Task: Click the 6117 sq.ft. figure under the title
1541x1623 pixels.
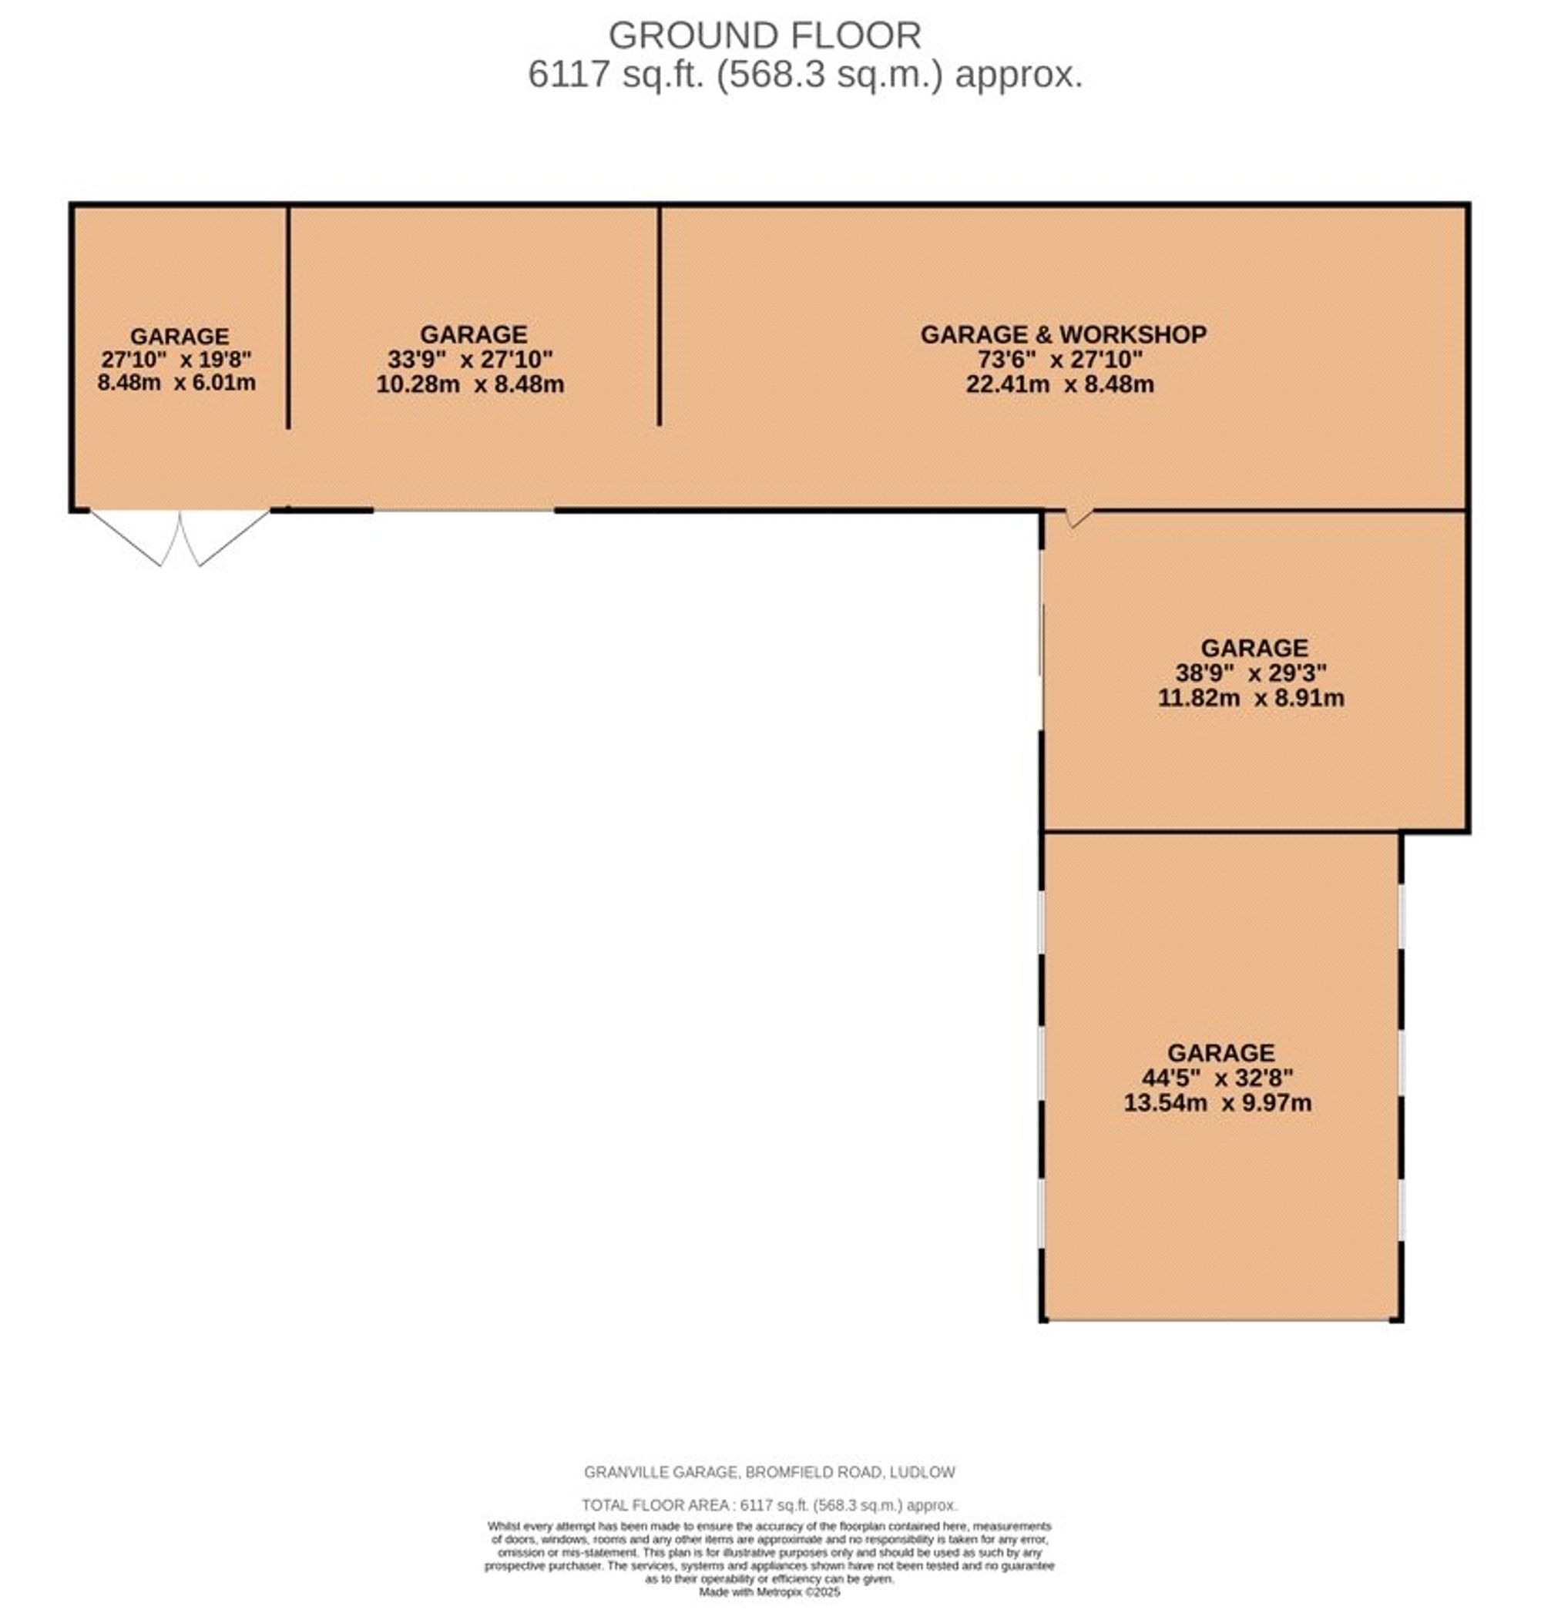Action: pos(616,75)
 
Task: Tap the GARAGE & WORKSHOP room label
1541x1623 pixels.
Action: pos(1063,334)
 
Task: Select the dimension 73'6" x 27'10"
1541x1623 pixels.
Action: pos(1059,359)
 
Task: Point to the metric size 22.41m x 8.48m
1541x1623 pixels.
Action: pos(1059,384)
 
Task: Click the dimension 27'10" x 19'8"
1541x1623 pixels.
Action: pos(176,359)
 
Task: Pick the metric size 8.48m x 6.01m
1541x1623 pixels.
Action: pos(176,383)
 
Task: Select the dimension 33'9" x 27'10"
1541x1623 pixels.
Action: pos(470,359)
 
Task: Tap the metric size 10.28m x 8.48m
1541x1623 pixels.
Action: pos(470,384)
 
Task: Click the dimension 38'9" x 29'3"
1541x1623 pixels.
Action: pos(1251,673)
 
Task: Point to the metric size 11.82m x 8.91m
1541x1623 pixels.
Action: pos(1251,698)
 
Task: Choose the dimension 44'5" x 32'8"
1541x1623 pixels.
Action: pos(1217,1078)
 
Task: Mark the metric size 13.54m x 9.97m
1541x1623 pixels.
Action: pos(1217,1102)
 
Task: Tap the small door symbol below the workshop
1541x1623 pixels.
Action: pos(1079,517)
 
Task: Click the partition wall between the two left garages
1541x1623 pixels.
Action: pos(288,317)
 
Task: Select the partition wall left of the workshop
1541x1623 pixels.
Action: pos(659,317)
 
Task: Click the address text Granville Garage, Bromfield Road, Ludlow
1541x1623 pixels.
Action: pos(770,1473)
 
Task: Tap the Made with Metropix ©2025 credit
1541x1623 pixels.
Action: pos(770,1591)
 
